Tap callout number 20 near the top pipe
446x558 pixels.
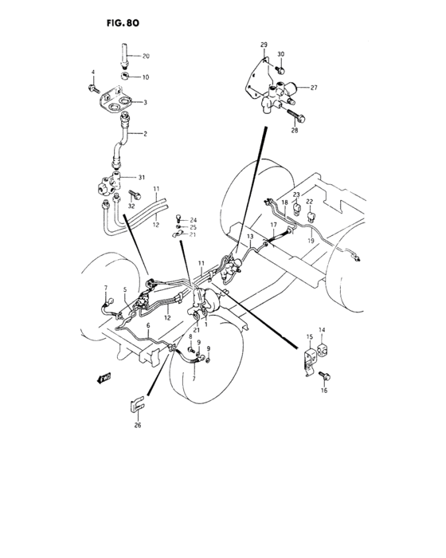pyautogui.click(x=146, y=56)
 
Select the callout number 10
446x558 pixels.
pyautogui.click(x=146, y=77)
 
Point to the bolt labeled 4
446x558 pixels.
pyautogui.click(x=93, y=84)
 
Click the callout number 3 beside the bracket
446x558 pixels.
pyautogui.click(x=145, y=103)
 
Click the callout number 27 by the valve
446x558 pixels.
pyautogui.click(x=314, y=88)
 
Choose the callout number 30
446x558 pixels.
pyautogui.click(x=280, y=54)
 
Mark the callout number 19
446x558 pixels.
pyautogui.click(x=312, y=240)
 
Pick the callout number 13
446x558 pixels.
pyautogui.click(x=249, y=238)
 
